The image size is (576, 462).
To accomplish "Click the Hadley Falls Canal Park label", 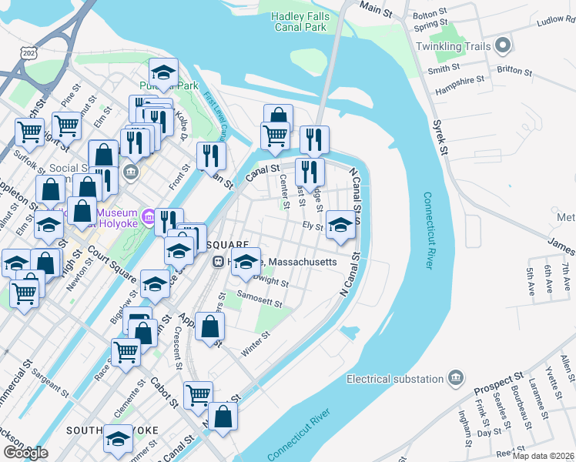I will [305, 21].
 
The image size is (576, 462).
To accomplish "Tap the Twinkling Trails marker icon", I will [504, 46].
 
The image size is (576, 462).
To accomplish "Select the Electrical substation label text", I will [393, 379].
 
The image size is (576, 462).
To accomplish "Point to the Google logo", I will [25, 453].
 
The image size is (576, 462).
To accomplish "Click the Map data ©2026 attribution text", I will [544, 456].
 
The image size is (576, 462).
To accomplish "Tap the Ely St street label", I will [312, 226].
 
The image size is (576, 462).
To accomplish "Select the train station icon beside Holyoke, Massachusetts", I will [219, 262].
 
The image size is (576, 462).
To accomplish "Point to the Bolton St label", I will [430, 13].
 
